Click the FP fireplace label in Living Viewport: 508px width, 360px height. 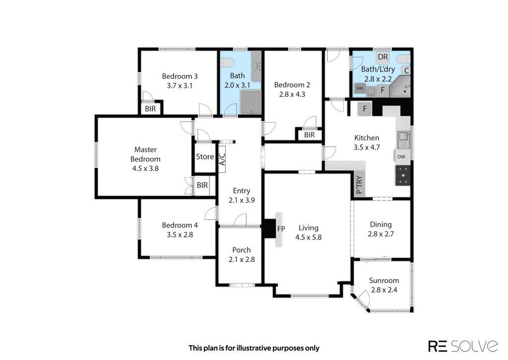pyautogui.click(x=281, y=229)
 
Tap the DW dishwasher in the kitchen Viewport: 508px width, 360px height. pyautogui.click(x=401, y=157)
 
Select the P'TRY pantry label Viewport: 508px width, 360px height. pyautogui.click(x=359, y=185)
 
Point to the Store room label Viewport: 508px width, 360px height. pyautogui.click(x=205, y=156)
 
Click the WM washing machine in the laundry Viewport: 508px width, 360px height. pyautogui.click(x=360, y=88)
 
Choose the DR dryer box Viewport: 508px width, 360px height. pyautogui.click(x=382, y=57)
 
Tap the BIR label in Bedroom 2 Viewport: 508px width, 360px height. pyautogui.click(x=310, y=135)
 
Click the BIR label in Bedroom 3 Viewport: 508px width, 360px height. pyautogui.click(x=150, y=109)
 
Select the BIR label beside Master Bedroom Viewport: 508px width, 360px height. pyautogui.click(x=202, y=185)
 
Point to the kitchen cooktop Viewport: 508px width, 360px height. pyautogui.click(x=403, y=175)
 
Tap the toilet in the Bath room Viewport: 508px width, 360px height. pyautogui.click(x=227, y=62)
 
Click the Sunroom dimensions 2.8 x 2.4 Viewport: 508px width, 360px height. pyautogui.click(x=384, y=290)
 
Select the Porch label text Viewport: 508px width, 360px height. pyautogui.click(x=242, y=250)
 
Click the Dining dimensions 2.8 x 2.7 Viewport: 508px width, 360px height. pyautogui.click(x=381, y=234)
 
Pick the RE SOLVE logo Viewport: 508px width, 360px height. pyautogui.click(x=463, y=346)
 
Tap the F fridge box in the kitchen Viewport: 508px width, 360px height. pyautogui.click(x=365, y=109)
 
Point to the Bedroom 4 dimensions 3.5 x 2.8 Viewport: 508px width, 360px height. pyautogui.click(x=180, y=234)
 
